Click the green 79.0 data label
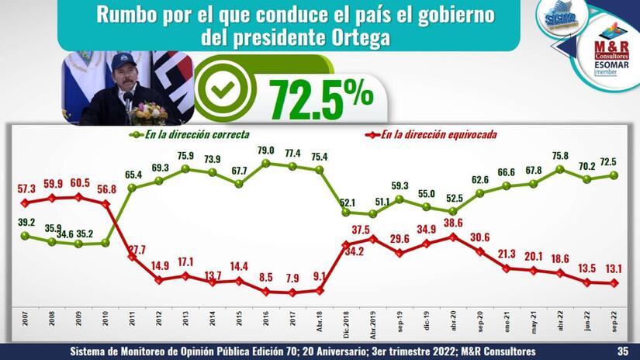pyautogui.click(x=266, y=150)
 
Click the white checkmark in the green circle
pyautogui.click(x=223, y=92)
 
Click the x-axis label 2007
pyautogui.click(x=26, y=324)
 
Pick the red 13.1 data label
pyautogui.click(x=615, y=269)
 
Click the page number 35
pyautogui.click(x=621, y=351)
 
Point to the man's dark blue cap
pyautogui.click(x=123, y=60)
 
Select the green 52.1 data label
pyautogui.click(x=345, y=202)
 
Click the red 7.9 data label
pyautogui.click(x=292, y=278)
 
